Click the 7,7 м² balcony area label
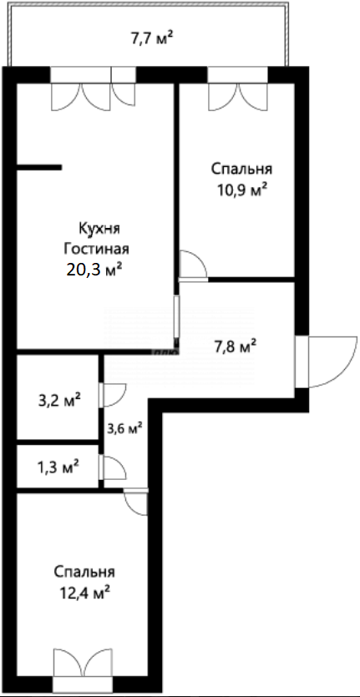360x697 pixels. pyautogui.click(x=152, y=37)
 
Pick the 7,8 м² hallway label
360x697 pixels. pyautogui.click(x=231, y=346)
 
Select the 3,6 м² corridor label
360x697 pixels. pyautogui.click(x=124, y=428)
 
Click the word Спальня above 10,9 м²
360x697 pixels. pyautogui.click(x=240, y=169)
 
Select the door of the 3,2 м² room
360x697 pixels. pyautogui.click(x=112, y=394)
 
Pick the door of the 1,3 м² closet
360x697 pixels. pyautogui.click(x=112, y=467)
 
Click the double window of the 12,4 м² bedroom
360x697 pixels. pyautogui.click(x=81, y=668)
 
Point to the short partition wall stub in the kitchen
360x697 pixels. pyautogui.click(x=39, y=168)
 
